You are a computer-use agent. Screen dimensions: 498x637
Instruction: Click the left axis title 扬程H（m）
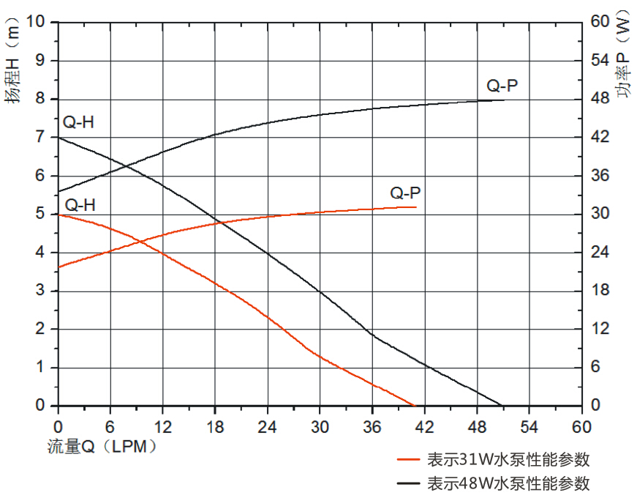click(x=15, y=65)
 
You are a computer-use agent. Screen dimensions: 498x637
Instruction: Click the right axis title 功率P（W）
click(x=622, y=55)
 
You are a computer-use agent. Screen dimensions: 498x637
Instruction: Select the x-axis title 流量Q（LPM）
click(x=102, y=445)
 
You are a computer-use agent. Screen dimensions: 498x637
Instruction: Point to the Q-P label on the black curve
click(x=502, y=86)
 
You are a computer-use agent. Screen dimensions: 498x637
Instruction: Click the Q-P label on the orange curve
click(x=405, y=193)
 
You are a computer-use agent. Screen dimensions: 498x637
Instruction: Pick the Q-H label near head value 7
click(x=78, y=122)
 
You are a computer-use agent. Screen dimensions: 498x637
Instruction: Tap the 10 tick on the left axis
click(x=34, y=22)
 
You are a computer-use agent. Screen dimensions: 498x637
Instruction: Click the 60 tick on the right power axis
click(x=600, y=22)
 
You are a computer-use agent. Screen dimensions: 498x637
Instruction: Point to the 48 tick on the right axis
click(x=600, y=99)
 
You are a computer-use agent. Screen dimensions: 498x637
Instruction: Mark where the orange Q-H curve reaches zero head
click(x=415, y=406)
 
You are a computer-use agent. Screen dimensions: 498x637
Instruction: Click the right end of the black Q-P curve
click(x=505, y=100)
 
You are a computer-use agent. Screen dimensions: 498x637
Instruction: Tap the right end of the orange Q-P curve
click(x=416, y=207)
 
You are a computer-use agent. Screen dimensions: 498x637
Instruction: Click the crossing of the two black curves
click(x=126, y=167)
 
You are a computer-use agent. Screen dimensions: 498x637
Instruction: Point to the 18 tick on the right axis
click(x=600, y=291)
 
